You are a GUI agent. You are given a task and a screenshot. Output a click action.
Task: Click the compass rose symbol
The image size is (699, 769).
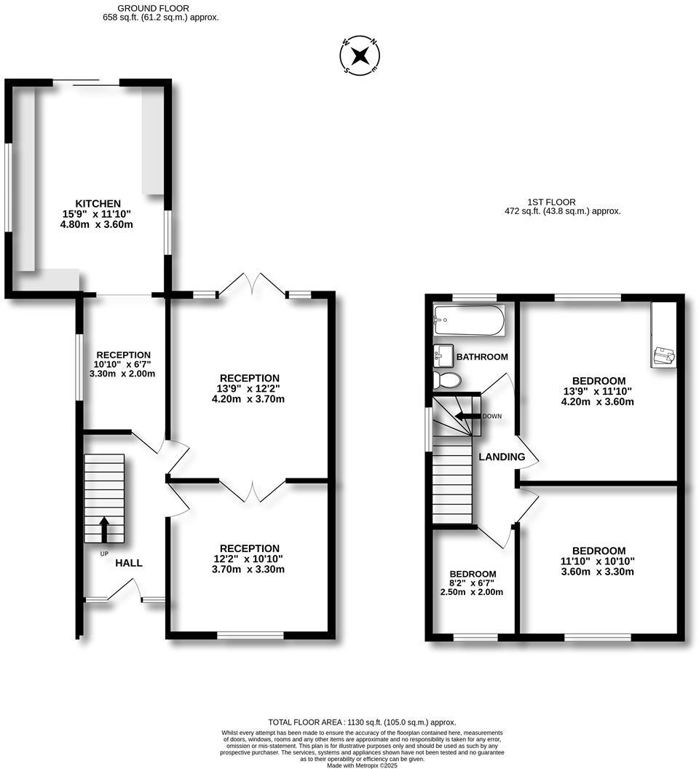point(360,55)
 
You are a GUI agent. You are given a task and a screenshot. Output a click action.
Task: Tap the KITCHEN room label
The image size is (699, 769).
point(98,203)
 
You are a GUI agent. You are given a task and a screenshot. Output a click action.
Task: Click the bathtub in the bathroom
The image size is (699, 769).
point(468,320)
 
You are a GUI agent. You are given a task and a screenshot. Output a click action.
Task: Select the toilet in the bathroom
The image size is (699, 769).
point(446,380)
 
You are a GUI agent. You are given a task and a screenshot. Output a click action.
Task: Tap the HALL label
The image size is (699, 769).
point(129,563)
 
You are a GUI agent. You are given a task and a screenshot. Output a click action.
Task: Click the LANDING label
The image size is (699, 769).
point(502,457)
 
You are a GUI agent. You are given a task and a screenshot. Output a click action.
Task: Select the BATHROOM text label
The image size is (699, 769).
point(481,357)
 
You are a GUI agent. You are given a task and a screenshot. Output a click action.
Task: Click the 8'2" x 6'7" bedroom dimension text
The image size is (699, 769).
point(473,583)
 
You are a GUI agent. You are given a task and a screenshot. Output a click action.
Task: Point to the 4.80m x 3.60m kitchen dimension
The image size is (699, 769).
point(98,225)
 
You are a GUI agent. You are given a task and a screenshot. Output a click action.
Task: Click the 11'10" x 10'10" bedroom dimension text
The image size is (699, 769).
point(599,561)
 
